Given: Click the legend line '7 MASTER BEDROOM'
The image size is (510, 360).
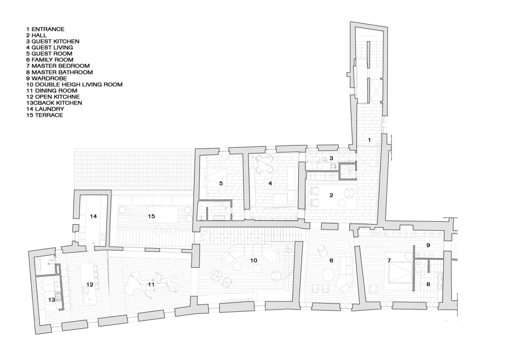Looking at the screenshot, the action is [58, 66].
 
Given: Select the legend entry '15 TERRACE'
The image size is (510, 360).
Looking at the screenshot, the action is [45, 115].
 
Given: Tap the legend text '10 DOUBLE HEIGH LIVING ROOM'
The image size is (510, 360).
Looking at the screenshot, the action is [75, 84].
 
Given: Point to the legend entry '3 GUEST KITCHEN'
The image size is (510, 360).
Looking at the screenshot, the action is [53, 41].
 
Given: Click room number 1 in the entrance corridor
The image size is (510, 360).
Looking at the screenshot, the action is [369, 140].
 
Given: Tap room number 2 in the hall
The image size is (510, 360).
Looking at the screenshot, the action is [331, 195].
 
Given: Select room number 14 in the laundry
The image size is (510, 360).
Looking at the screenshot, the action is [93, 216].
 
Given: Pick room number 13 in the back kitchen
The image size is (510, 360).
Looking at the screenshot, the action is [52, 300].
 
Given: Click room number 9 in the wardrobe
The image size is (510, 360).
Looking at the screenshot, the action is [428, 245].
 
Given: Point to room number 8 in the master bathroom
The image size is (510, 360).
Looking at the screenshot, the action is [428, 285].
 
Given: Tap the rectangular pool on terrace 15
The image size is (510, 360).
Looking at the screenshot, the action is [163, 212].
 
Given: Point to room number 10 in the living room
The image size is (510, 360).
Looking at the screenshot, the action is [254, 260].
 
